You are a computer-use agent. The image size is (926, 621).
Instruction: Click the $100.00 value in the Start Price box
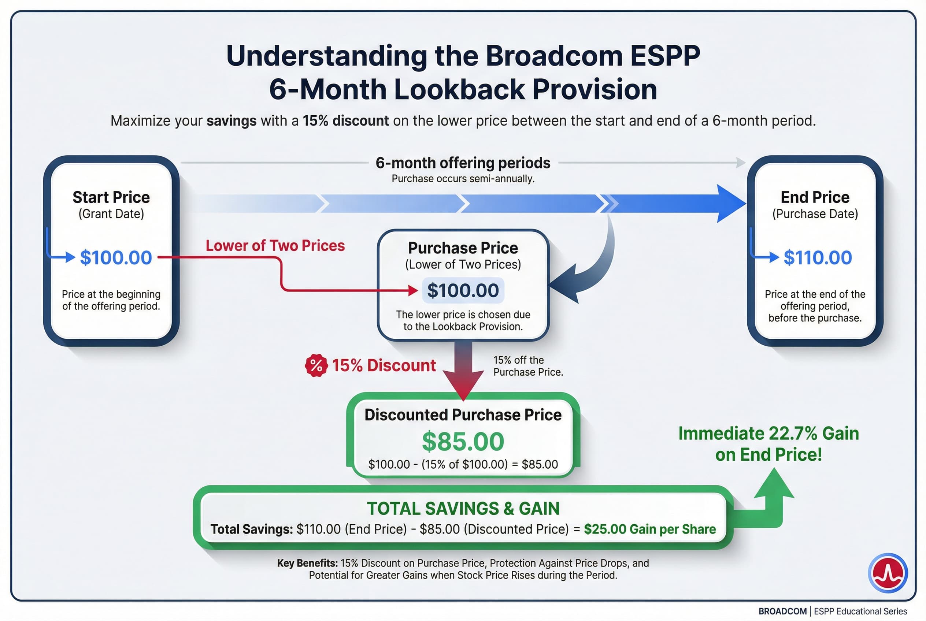click(116, 257)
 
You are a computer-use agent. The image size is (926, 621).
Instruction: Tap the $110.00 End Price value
click(818, 257)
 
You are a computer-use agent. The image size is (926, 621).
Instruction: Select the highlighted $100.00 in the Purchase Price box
click(463, 290)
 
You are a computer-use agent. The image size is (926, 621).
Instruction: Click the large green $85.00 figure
click(463, 441)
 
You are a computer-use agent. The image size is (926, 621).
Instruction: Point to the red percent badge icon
click(316, 365)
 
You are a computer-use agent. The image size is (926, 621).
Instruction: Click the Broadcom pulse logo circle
click(888, 573)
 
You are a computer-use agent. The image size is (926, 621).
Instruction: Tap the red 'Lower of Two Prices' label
click(275, 246)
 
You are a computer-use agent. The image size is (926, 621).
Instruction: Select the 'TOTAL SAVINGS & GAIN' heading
click(463, 509)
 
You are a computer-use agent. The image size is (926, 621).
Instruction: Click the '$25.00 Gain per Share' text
click(650, 529)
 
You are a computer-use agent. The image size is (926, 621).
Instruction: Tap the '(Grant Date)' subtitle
click(111, 214)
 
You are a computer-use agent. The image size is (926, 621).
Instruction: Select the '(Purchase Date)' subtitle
click(815, 214)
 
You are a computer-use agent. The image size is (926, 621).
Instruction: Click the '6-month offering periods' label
click(463, 163)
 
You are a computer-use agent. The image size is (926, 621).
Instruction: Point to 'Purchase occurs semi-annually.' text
click(463, 179)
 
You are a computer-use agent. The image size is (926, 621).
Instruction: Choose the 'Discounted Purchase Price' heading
click(463, 414)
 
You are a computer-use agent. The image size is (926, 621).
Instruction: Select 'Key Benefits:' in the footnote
click(307, 563)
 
